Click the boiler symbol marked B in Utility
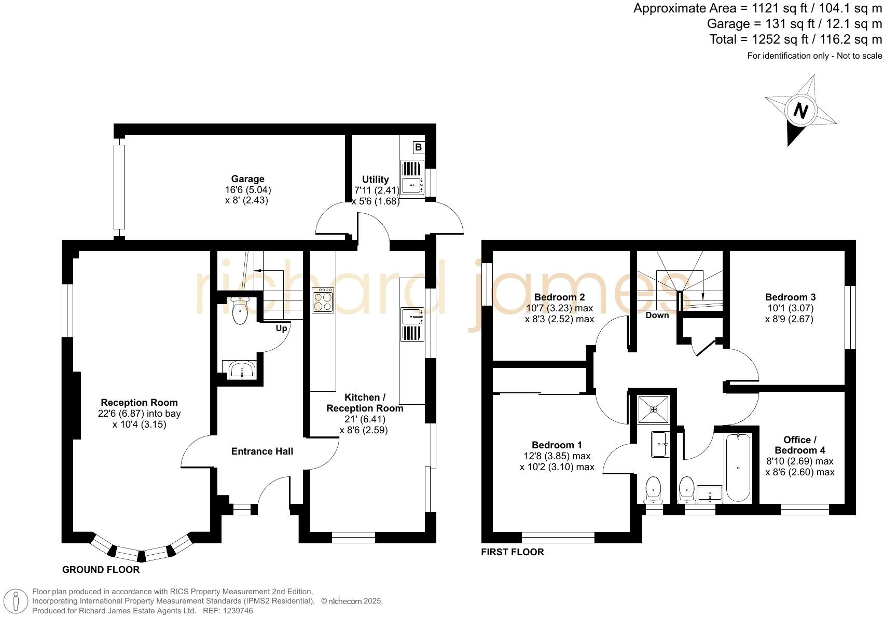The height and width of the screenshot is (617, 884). (x=418, y=147)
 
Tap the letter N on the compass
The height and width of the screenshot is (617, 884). (x=801, y=111)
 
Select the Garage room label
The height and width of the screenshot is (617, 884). (x=247, y=179)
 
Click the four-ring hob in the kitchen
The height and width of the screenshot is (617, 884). (x=323, y=300)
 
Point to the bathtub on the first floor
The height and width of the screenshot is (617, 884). (x=738, y=468)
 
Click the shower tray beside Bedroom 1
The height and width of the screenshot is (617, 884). (x=653, y=409)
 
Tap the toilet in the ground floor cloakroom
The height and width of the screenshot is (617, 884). (x=240, y=311)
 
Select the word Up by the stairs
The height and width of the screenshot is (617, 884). (x=281, y=328)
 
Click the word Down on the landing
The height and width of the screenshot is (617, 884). (x=657, y=315)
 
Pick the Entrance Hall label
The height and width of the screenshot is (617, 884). (x=262, y=451)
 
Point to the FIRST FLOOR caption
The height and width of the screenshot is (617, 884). (x=512, y=552)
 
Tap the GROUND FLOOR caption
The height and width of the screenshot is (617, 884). (x=101, y=570)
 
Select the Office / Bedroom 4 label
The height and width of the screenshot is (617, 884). (x=799, y=445)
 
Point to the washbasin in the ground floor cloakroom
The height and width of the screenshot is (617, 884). (x=242, y=370)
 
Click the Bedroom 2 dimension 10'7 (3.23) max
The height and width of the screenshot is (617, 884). (x=559, y=308)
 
